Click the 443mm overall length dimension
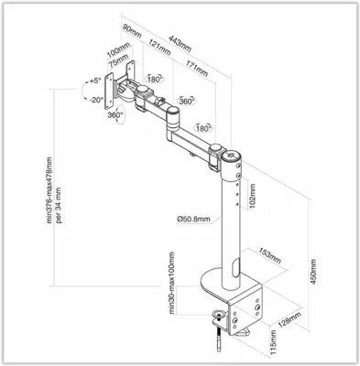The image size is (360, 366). [x=180, y=36]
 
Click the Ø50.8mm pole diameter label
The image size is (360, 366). [x=194, y=219]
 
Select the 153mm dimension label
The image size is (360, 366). [x=269, y=253]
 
